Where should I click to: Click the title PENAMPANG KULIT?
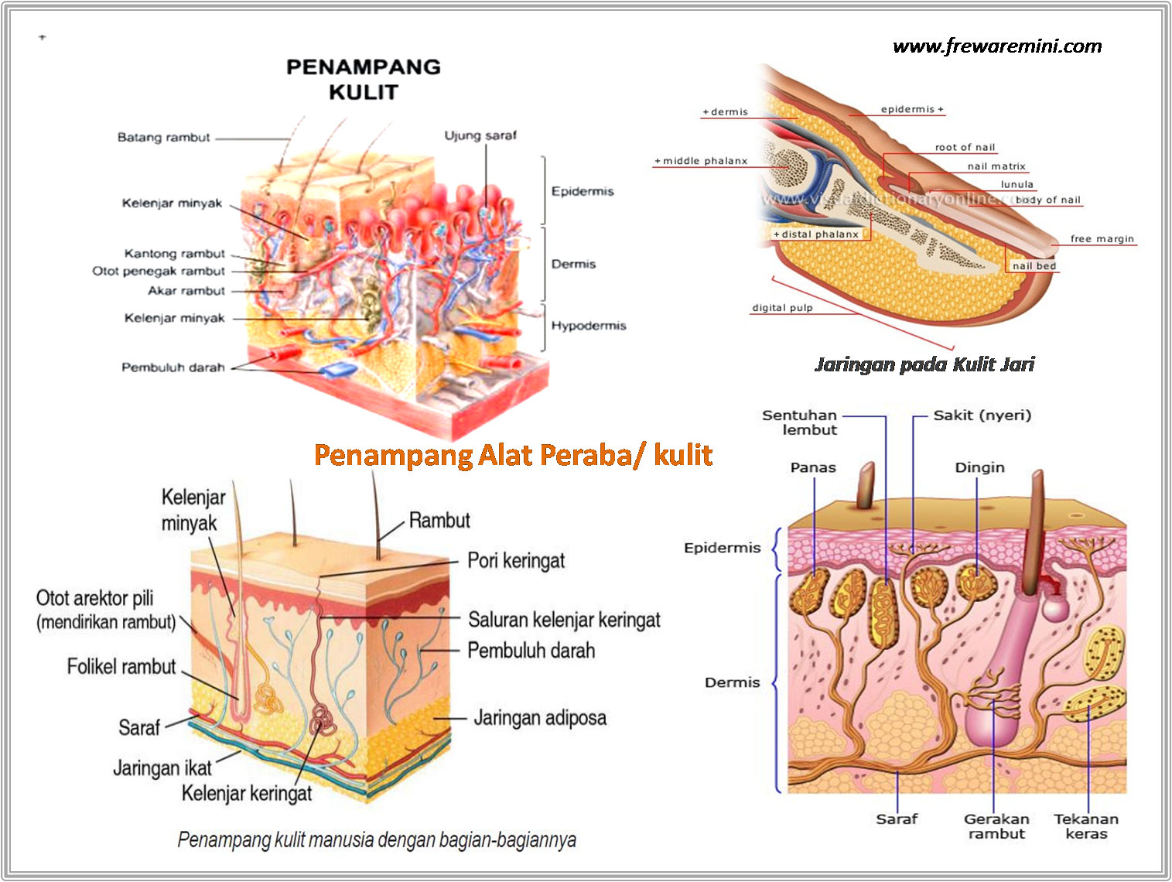[x=363, y=79]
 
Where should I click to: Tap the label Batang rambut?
[x=163, y=138]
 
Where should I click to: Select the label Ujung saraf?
[x=480, y=135]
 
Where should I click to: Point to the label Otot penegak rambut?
[x=159, y=272]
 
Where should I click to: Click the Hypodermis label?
[x=588, y=326]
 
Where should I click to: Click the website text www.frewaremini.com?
[x=997, y=46]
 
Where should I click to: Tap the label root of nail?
[x=965, y=147]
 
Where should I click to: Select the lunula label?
[x=1017, y=184]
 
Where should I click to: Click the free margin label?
[x=1102, y=239]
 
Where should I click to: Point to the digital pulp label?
[x=782, y=308]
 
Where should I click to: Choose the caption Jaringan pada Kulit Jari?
[x=924, y=364]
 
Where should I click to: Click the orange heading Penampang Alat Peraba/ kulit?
[x=513, y=455]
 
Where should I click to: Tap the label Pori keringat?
[x=516, y=560]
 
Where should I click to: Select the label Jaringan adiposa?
[x=540, y=718]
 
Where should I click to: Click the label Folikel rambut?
[x=121, y=666]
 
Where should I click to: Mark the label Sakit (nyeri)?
[x=982, y=415]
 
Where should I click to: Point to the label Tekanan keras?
[x=1085, y=826]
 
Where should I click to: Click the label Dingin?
[x=979, y=467]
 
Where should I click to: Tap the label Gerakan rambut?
[x=996, y=826]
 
